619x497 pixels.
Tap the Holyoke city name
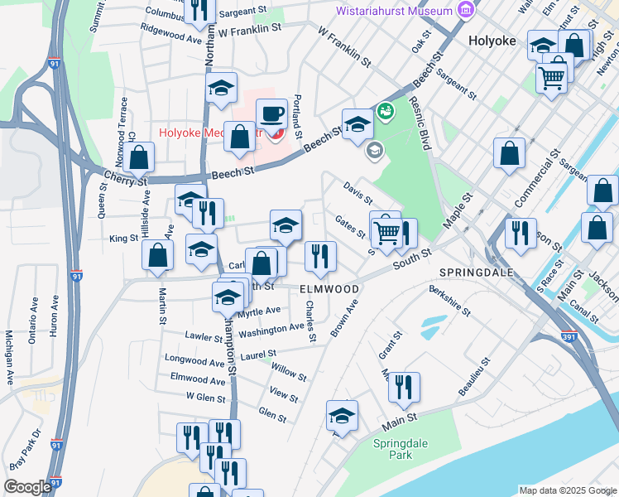pyautogui.click(x=492, y=40)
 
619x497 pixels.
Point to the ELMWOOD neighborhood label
pyautogui.click(x=329, y=289)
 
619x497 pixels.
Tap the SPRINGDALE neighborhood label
pyautogui.click(x=476, y=273)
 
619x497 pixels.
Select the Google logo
pyautogui.click(x=27, y=487)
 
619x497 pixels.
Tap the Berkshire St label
pyautogui.click(x=449, y=302)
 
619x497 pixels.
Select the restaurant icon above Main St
pyautogui.click(x=404, y=388)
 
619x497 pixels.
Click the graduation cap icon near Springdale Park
pyautogui.click(x=341, y=416)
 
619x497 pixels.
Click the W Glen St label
pyautogui.click(x=206, y=398)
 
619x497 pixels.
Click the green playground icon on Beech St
pyautogui.click(x=384, y=110)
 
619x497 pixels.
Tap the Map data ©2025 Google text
pyautogui.click(x=567, y=490)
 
